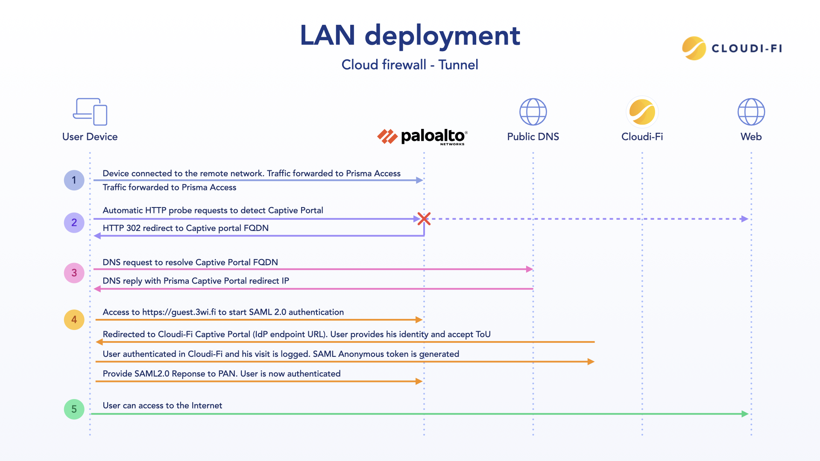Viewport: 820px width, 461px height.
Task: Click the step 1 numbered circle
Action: click(74, 180)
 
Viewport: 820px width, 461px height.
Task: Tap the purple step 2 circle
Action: click(74, 222)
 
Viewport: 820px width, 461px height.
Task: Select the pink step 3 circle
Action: click(74, 273)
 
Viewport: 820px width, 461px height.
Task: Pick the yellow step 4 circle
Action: click(74, 320)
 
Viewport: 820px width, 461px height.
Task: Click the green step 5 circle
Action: click(74, 409)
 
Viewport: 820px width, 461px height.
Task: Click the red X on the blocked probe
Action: click(424, 219)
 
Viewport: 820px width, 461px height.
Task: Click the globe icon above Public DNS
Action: click(533, 112)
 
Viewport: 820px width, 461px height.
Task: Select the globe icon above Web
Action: click(751, 112)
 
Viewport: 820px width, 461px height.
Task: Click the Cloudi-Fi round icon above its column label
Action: click(642, 112)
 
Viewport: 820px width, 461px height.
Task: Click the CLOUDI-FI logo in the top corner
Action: click(732, 48)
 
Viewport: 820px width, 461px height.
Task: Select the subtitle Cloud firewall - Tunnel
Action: click(410, 65)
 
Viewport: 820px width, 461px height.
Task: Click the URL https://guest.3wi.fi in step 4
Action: click(179, 312)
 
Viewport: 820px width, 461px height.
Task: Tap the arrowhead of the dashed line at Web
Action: click(744, 219)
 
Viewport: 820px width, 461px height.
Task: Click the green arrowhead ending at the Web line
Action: click(745, 414)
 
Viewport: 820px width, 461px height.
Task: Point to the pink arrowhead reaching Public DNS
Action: click(530, 269)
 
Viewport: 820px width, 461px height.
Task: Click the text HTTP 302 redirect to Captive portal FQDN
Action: click(185, 228)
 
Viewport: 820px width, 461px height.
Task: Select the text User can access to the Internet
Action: click(162, 406)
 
